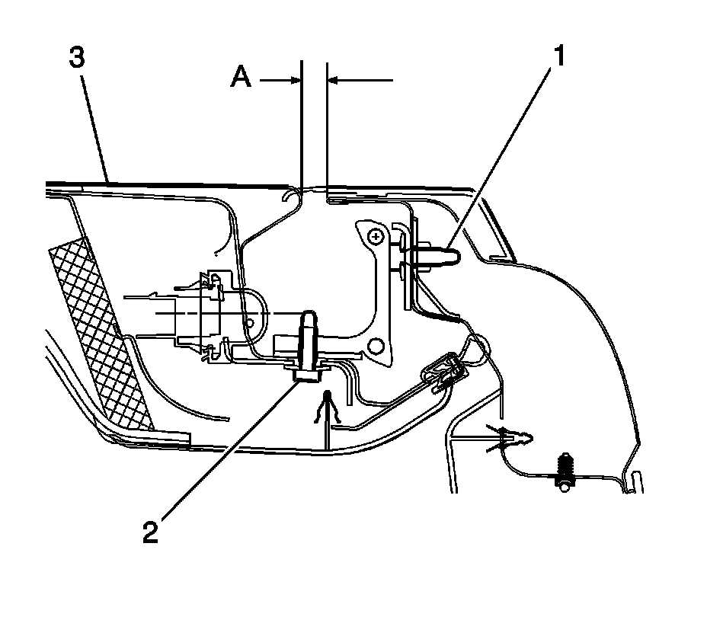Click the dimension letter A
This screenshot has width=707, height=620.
242,78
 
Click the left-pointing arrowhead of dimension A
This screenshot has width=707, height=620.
332,78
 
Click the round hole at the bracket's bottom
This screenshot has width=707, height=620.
374,346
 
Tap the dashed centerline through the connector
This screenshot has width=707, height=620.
190,313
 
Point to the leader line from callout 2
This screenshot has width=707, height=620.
229,449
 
